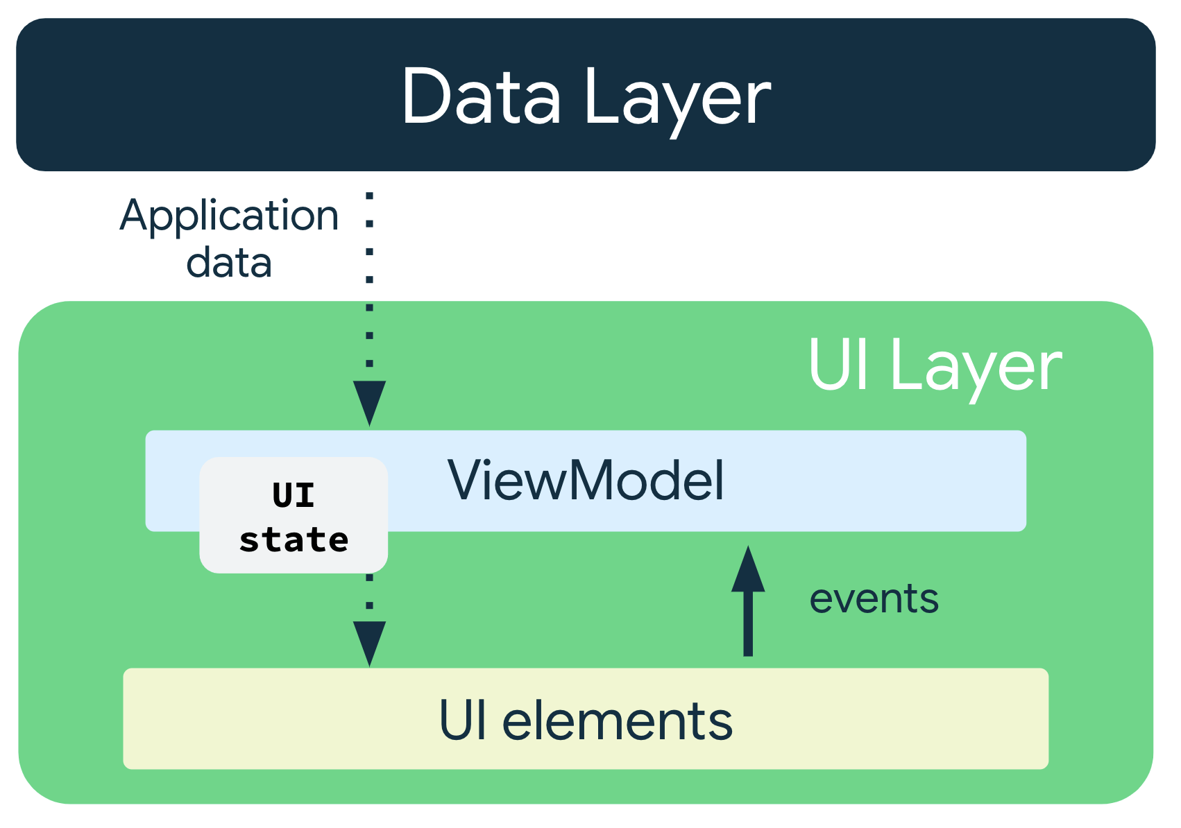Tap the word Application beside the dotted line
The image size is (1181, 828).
pyautogui.click(x=229, y=216)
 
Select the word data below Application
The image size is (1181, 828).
pyautogui.click(x=229, y=264)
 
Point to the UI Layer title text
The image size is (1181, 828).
pyautogui.click(x=934, y=366)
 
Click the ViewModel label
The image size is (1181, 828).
pyautogui.click(x=586, y=481)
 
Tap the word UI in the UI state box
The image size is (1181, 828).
pyautogui.click(x=294, y=495)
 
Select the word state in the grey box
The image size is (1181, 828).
pyautogui.click(x=294, y=540)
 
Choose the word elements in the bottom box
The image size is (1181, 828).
pyautogui.click(x=617, y=721)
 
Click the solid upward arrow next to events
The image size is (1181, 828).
pyautogui.click(x=748, y=610)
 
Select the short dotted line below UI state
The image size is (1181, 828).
pyautogui.click(x=369, y=593)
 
